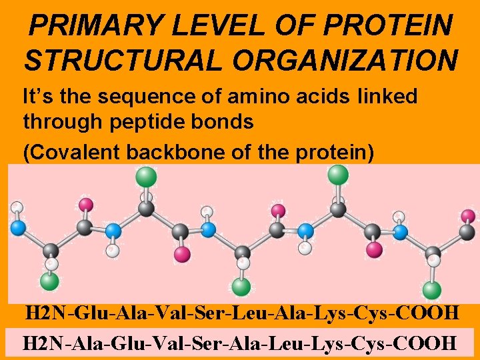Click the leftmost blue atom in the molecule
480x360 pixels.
[x=18, y=227]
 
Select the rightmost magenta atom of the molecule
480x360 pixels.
[x=469, y=215]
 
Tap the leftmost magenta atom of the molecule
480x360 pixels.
[x=86, y=204]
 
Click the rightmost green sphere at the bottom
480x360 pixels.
[x=432, y=291]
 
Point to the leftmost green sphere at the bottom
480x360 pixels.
[x=49, y=281]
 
